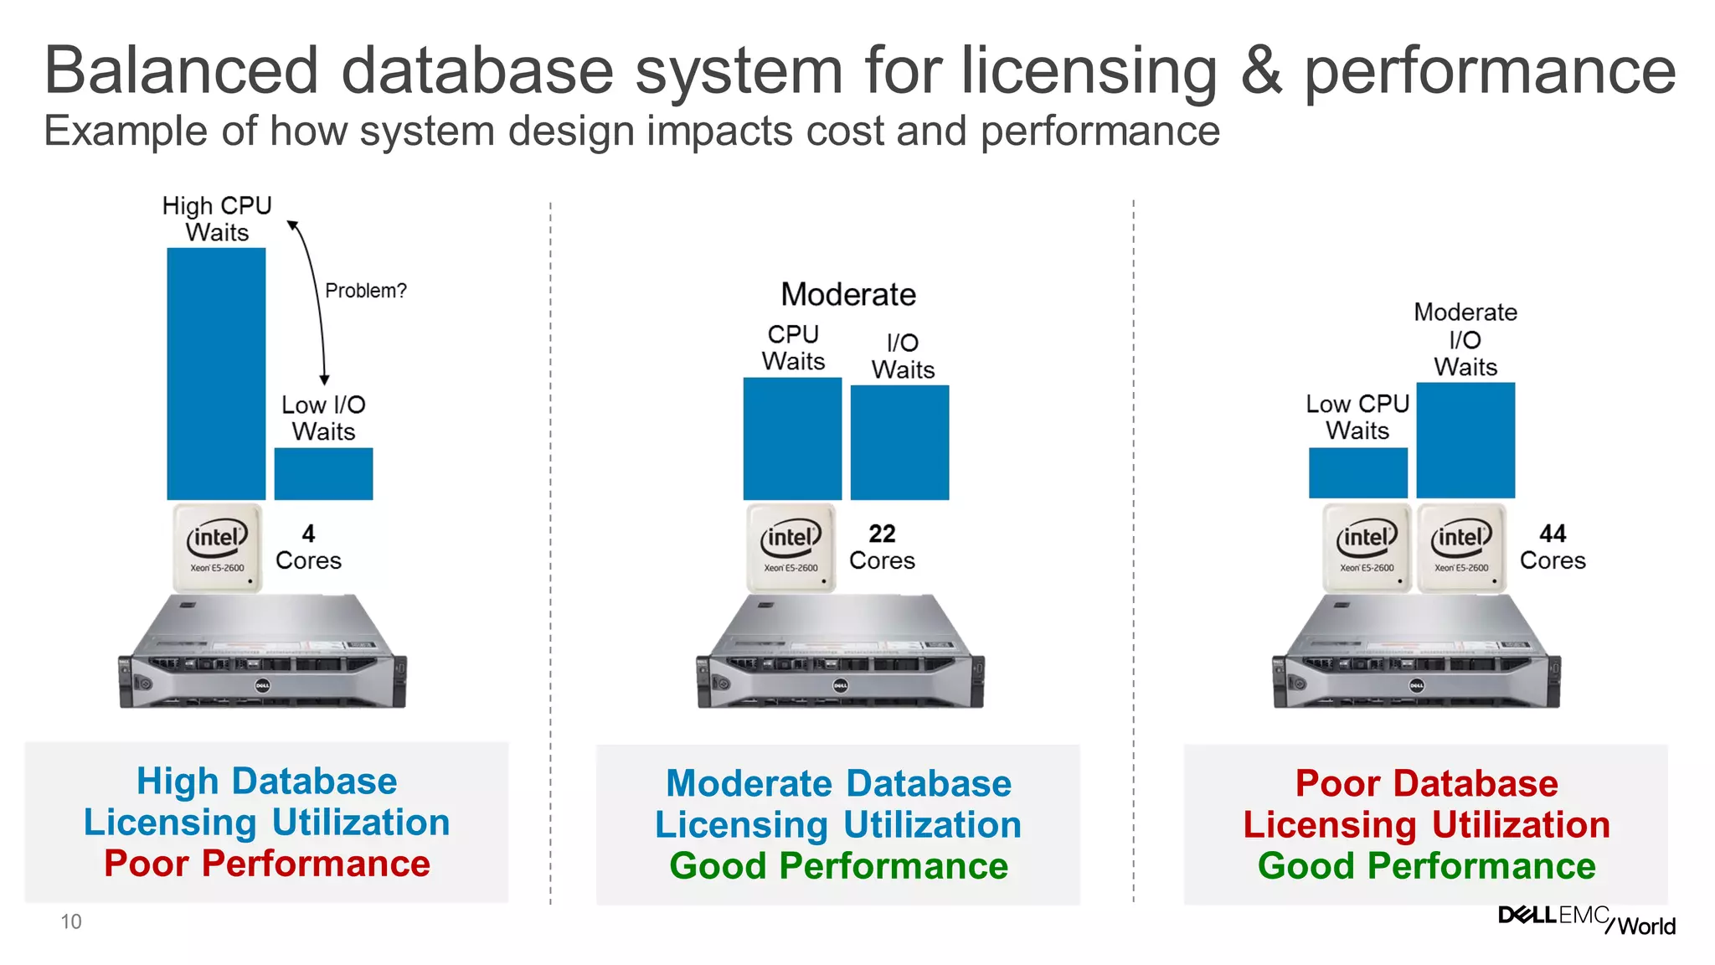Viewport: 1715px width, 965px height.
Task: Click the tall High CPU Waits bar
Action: [x=216, y=374]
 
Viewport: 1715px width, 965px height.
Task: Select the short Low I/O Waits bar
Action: [x=323, y=474]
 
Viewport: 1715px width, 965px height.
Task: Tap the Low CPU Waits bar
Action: [x=1357, y=473]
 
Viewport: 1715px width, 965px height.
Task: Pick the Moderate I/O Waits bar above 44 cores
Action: [x=1465, y=441]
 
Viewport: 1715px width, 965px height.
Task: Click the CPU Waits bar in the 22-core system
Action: [x=792, y=439]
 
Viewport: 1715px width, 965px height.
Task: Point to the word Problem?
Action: [x=365, y=291]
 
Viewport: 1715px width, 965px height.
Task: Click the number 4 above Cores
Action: [x=308, y=534]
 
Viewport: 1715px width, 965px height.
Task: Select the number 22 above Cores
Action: [x=882, y=534]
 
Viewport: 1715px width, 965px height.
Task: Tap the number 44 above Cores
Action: [x=1553, y=534]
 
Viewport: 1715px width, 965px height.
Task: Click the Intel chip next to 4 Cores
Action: [x=217, y=548]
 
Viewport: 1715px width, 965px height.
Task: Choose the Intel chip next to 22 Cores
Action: [x=791, y=548]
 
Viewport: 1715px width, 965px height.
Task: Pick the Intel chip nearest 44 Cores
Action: [x=1461, y=548]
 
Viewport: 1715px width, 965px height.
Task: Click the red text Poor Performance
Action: [x=267, y=864]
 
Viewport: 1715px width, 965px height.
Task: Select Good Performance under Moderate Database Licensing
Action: [x=838, y=866]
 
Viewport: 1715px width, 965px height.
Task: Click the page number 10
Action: [x=71, y=922]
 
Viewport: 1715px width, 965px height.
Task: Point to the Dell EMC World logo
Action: [x=1586, y=920]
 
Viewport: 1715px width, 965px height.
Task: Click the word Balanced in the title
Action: [x=182, y=70]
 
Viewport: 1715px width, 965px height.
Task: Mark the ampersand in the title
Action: [x=1261, y=70]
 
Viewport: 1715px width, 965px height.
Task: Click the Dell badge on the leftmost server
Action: [x=262, y=686]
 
